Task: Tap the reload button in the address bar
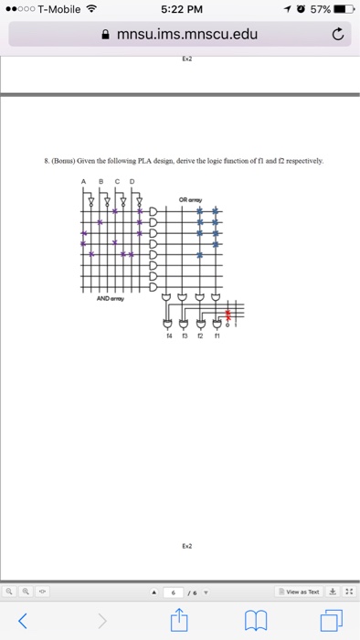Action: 337,36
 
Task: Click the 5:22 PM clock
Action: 179,10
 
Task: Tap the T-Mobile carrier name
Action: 58,10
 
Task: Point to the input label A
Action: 84,182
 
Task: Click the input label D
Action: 132,182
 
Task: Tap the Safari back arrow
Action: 22,623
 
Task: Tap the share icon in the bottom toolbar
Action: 180,621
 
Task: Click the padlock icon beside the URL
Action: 109,36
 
